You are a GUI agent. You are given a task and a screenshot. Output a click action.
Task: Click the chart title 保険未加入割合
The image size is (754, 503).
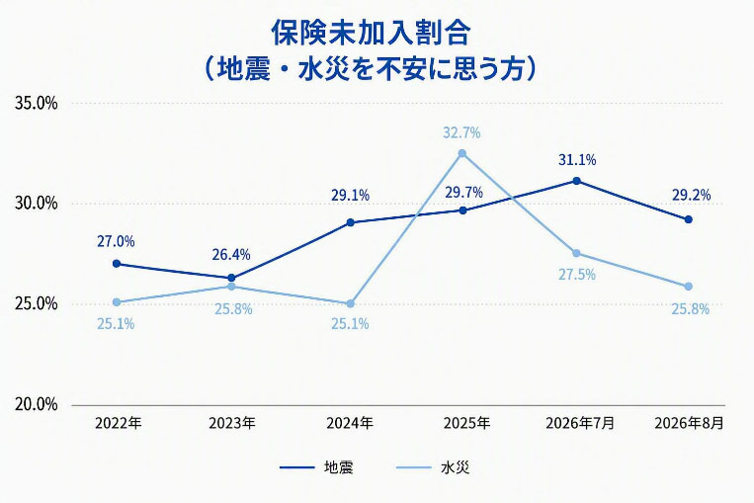point(371,34)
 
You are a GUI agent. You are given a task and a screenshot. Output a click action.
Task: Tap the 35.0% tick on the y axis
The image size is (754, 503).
point(36,103)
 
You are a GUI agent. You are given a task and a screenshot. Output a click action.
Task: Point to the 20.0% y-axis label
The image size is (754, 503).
point(36,404)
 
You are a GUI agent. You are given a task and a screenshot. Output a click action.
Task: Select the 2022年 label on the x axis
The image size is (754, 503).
point(119,423)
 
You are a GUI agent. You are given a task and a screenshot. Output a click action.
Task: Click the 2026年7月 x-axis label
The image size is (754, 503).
point(580,423)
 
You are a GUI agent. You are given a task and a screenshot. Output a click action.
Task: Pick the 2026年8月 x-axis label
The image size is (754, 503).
point(689,423)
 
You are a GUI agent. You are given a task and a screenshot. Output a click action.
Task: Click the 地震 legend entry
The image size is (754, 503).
point(317,467)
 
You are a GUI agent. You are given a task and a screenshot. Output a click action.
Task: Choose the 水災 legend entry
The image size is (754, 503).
point(433,467)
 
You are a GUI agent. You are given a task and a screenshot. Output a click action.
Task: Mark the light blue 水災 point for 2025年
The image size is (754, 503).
point(462,153)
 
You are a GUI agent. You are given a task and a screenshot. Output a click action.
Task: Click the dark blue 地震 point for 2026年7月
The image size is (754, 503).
point(576,181)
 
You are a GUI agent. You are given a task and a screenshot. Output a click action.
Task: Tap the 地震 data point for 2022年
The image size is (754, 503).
point(117,264)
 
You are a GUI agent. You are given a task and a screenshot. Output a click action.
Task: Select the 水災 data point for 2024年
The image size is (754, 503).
point(350,304)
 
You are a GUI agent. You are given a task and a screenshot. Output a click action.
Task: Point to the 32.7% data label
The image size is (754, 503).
point(461,132)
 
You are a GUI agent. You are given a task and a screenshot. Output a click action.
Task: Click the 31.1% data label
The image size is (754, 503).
point(577,160)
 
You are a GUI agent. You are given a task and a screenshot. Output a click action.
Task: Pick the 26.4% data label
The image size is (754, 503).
point(231,254)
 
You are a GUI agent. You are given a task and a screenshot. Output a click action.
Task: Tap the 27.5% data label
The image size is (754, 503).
point(577,275)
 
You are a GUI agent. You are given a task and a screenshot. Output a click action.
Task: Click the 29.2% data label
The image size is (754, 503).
point(691,195)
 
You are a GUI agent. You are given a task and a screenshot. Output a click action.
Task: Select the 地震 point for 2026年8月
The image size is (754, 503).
point(689,219)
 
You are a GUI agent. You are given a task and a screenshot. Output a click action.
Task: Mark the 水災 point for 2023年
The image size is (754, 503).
point(231,287)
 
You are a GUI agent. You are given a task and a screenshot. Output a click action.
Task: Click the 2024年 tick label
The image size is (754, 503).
point(350,423)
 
